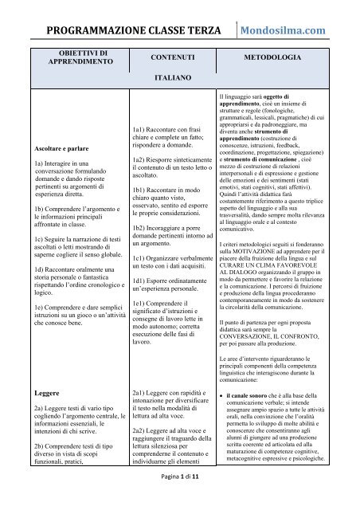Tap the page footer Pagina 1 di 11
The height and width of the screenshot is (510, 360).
179,498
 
